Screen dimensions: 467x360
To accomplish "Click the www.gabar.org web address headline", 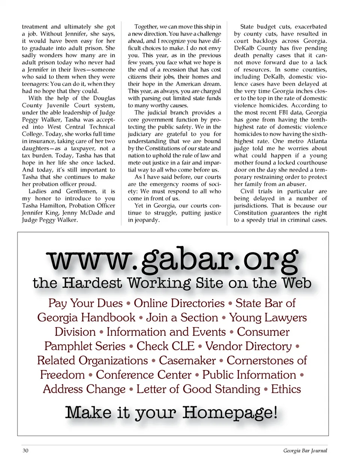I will (x=173, y=260).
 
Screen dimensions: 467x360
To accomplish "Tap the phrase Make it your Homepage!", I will (x=171, y=413).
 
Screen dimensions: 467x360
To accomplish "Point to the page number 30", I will (x=25, y=450).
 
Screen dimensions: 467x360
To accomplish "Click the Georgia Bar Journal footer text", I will (x=305, y=450).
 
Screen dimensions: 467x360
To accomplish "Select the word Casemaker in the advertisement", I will (x=187, y=360).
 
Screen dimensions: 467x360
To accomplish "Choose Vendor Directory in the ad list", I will (x=248, y=346).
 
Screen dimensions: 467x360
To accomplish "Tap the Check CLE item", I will (x=165, y=346).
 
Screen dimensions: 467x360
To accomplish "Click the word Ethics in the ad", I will (x=286, y=389).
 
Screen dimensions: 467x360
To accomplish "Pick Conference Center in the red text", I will (x=144, y=375).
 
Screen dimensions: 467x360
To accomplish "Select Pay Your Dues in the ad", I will (x=85, y=303).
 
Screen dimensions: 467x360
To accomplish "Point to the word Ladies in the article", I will (x=37, y=191).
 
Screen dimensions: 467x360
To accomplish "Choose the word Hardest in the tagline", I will (x=92, y=283).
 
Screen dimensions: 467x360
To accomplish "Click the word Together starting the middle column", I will (x=146, y=27).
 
